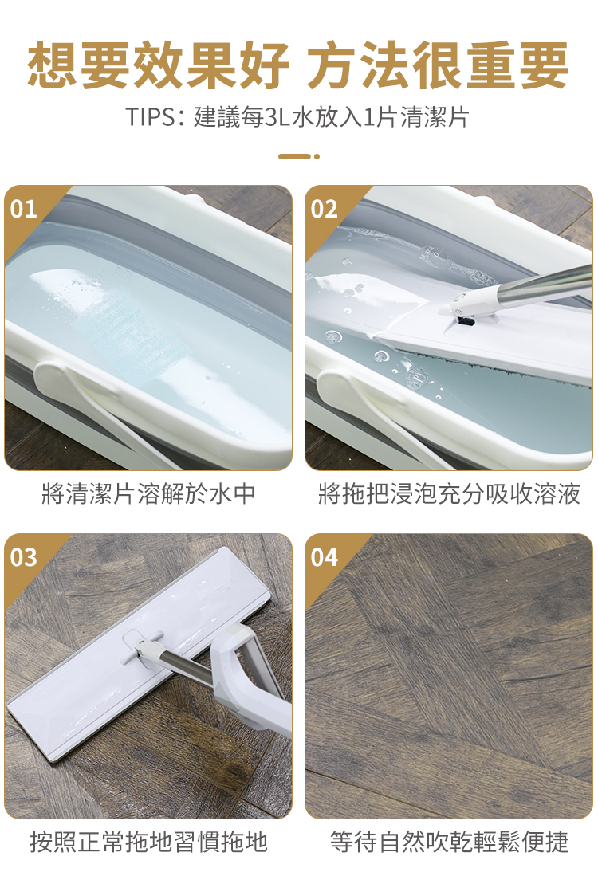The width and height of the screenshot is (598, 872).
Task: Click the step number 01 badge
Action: point(23,209)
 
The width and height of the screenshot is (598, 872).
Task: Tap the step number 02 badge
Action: point(325,209)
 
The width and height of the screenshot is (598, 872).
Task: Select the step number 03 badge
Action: point(23,557)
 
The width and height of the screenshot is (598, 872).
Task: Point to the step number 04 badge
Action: point(325,557)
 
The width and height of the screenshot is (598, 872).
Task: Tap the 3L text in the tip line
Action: point(278,117)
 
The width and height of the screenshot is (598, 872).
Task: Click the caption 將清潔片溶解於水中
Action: point(148,493)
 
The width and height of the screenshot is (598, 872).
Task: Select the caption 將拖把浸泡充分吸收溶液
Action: point(449,493)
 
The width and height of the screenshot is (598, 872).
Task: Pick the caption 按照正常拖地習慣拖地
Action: point(148,842)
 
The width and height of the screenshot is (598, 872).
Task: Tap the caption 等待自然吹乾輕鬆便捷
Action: point(449,842)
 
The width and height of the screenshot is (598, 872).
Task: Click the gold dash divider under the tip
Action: point(299,156)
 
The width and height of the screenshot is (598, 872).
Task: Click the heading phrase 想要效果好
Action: point(158,65)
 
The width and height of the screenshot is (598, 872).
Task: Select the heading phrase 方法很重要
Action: point(438,65)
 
